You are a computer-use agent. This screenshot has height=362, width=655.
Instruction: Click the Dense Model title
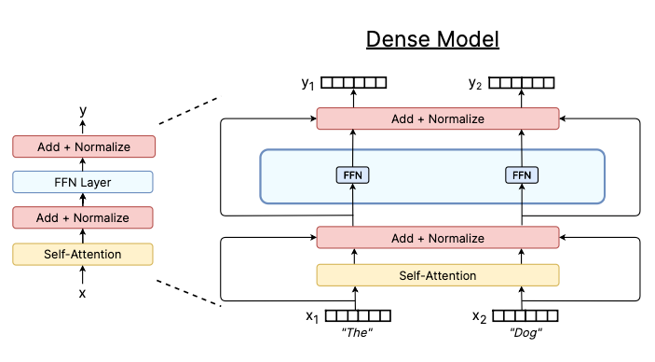coord(432,39)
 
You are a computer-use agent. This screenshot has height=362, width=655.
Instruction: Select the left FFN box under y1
coord(353,174)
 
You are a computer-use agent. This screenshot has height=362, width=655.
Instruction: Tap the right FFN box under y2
coord(521,174)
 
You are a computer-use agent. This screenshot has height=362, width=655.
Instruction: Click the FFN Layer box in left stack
coord(84,182)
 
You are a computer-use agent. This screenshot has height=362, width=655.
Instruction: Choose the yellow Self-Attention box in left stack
coord(84,254)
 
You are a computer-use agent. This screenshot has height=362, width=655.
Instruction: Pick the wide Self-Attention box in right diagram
coord(437,275)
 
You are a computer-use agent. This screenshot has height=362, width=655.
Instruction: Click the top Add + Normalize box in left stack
coord(84,146)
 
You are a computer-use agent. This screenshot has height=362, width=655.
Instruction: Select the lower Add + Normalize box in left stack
coord(84,217)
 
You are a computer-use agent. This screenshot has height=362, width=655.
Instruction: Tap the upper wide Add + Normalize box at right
coord(437,118)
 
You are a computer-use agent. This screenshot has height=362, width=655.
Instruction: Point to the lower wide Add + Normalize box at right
coord(437,238)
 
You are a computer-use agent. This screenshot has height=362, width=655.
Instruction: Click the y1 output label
coord(307,84)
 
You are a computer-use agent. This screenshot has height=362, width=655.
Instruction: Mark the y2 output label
coord(476,84)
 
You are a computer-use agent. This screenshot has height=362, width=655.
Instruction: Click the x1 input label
coord(312,316)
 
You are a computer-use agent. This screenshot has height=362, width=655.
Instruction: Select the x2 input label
coord(480,316)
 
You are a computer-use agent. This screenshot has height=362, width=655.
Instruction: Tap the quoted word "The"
coord(357,334)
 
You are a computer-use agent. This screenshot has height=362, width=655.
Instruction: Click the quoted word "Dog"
coord(525,334)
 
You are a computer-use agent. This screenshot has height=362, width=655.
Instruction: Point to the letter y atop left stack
coord(83,110)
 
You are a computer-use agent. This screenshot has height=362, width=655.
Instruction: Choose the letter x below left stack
coord(83,293)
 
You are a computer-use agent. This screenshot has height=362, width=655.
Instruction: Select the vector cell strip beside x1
coord(358,315)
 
